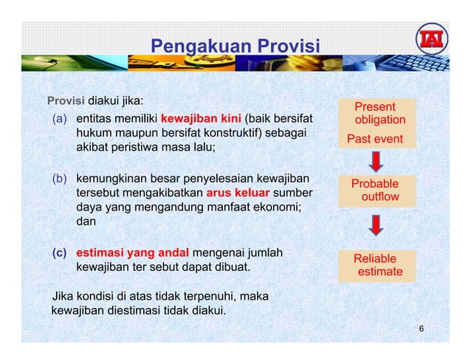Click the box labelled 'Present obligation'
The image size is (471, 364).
point(377,113)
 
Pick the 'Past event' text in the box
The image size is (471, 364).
point(376,139)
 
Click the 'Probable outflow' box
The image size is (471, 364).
point(377,190)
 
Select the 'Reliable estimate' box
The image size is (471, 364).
point(377,265)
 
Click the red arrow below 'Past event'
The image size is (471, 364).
point(376,161)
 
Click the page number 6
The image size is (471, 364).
point(421,328)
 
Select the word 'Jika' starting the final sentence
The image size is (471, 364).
point(61,296)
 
